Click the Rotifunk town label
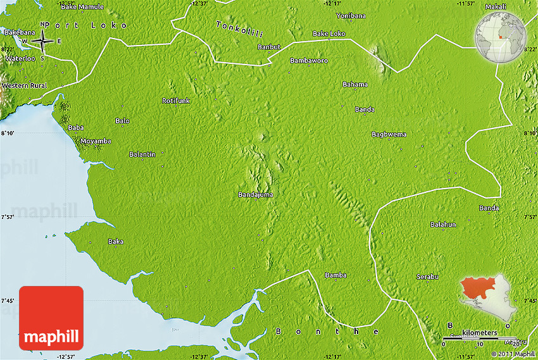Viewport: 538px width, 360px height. click(x=175, y=101)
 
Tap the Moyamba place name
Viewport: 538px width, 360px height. click(x=96, y=141)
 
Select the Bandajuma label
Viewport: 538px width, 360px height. click(x=256, y=194)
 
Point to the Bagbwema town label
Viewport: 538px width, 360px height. click(x=389, y=134)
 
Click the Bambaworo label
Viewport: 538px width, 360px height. click(x=309, y=61)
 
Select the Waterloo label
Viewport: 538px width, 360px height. click(x=21, y=58)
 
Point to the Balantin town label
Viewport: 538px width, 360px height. click(x=142, y=154)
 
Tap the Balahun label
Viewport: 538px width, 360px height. click(x=443, y=225)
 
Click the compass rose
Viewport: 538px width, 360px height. click(x=42, y=41)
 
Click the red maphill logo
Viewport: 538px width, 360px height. click(x=51, y=318)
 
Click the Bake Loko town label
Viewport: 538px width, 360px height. click(x=329, y=33)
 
